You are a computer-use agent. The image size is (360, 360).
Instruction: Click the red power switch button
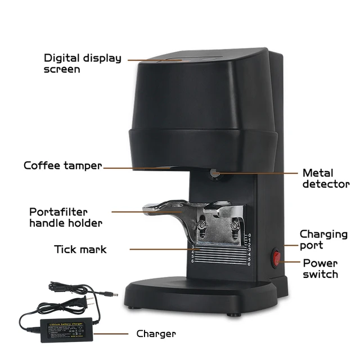(x=277, y=259)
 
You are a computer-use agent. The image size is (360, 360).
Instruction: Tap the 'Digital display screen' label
(x=83, y=64)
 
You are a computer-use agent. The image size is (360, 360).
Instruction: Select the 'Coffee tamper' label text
(x=63, y=166)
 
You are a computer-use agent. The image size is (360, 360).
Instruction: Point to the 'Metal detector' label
(x=326, y=178)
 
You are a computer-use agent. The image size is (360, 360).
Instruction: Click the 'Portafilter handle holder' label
(x=66, y=217)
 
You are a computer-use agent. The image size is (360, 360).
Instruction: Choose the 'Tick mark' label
(x=80, y=249)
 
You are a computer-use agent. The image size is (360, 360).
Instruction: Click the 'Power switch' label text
(x=321, y=268)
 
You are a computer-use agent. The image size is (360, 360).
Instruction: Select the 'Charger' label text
(x=156, y=334)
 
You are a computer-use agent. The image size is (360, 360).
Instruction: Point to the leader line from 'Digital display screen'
(x=152, y=58)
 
